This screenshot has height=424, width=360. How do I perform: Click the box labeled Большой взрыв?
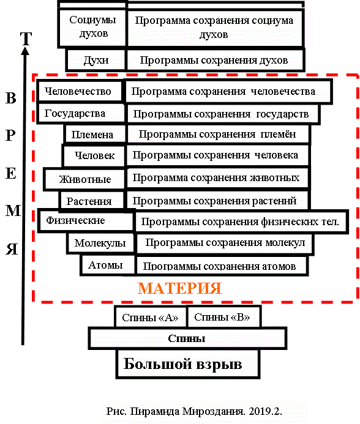188,364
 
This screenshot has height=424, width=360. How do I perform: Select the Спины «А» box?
151,317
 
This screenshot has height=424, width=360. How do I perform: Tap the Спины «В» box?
223,317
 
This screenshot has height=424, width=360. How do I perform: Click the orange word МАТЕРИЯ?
179,288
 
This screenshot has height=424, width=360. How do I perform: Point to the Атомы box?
108,265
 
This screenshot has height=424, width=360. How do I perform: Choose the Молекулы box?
100,243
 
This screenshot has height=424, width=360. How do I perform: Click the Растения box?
92,201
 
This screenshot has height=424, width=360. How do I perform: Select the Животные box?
84,179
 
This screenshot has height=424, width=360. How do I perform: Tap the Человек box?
94,155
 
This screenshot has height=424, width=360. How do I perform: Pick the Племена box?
96,134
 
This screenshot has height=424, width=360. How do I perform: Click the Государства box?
81,113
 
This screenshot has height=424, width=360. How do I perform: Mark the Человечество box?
80,91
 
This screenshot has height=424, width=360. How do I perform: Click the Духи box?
96,60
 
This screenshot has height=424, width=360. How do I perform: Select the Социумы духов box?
92,28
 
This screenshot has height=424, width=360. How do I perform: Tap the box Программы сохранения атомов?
222,266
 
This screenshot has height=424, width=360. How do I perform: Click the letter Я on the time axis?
12,249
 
